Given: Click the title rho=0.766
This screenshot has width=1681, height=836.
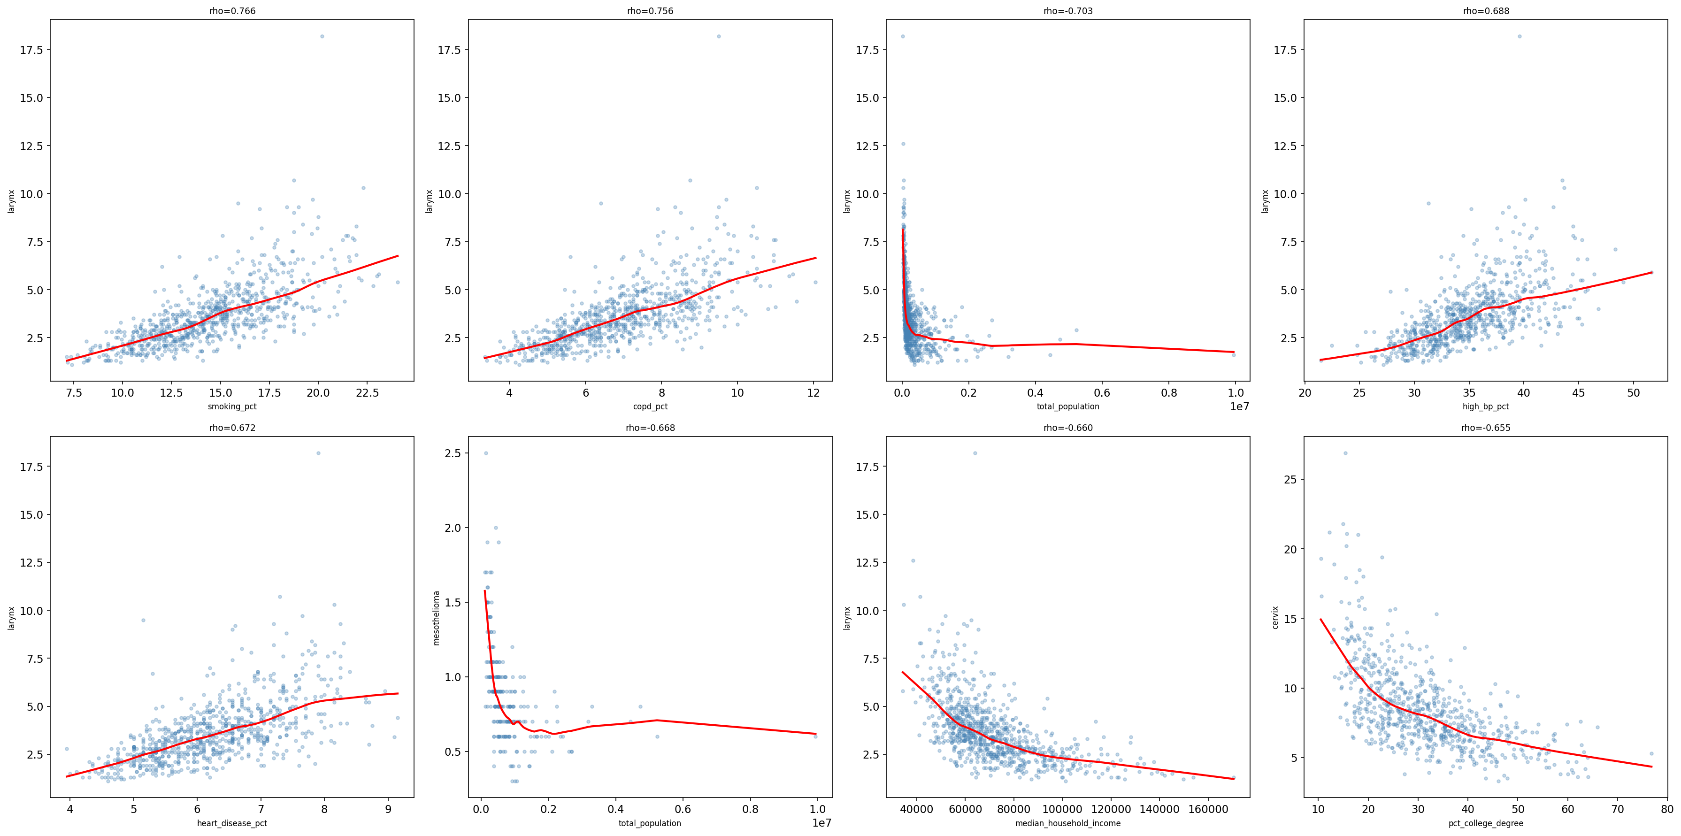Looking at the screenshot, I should (x=232, y=11).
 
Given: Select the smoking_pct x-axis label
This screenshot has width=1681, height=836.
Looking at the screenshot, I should (x=232, y=406).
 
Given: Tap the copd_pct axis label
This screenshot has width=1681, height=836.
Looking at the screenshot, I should (x=650, y=406).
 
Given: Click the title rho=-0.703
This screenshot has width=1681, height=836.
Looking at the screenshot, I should (x=1067, y=11).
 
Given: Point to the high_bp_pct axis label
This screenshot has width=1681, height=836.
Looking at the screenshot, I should (x=1485, y=406).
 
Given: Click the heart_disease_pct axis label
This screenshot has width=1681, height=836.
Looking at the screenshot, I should (x=232, y=824).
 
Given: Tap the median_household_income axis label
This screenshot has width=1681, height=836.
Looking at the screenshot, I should (x=1067, y=824).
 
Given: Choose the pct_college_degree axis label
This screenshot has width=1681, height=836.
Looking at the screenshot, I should (x=1485, y=824).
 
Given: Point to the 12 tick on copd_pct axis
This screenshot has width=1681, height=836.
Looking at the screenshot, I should (x=813, y=393).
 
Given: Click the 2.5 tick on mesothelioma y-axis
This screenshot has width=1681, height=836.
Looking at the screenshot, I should (x=453, y=453).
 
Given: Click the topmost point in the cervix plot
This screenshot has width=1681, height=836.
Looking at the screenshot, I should (x=1345, y=453).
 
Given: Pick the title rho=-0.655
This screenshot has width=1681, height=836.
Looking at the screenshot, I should (x=1485, y=428).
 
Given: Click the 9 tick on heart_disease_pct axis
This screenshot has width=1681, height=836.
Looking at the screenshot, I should (x=388, y=810).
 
